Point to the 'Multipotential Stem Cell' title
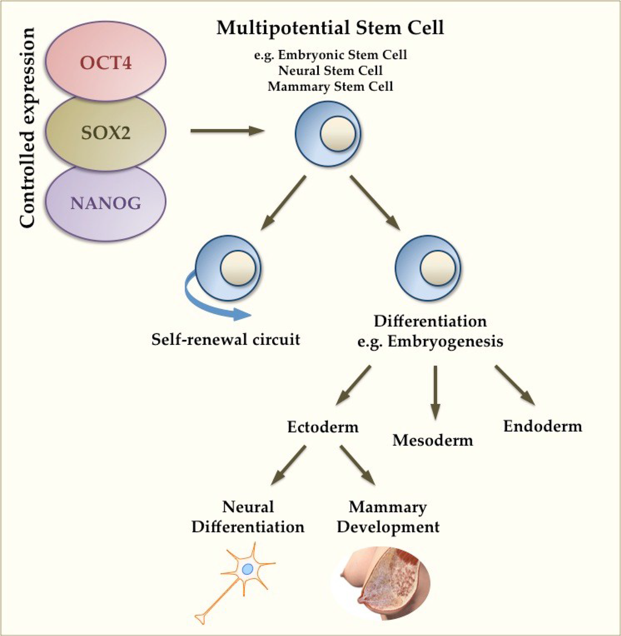coord(330,28)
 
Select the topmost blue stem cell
coord(327,133)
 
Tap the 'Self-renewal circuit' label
coord(226,339)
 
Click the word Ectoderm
coord(323,427)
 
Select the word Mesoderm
coord(432,440)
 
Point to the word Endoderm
coord(542,426)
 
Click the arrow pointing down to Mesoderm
coord(435,392)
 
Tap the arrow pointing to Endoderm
coord(515,385)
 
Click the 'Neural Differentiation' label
coord(247,517)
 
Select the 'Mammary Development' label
coord(388,517)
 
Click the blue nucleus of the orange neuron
coord(247,569)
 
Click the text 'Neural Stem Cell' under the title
coord(330,70)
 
